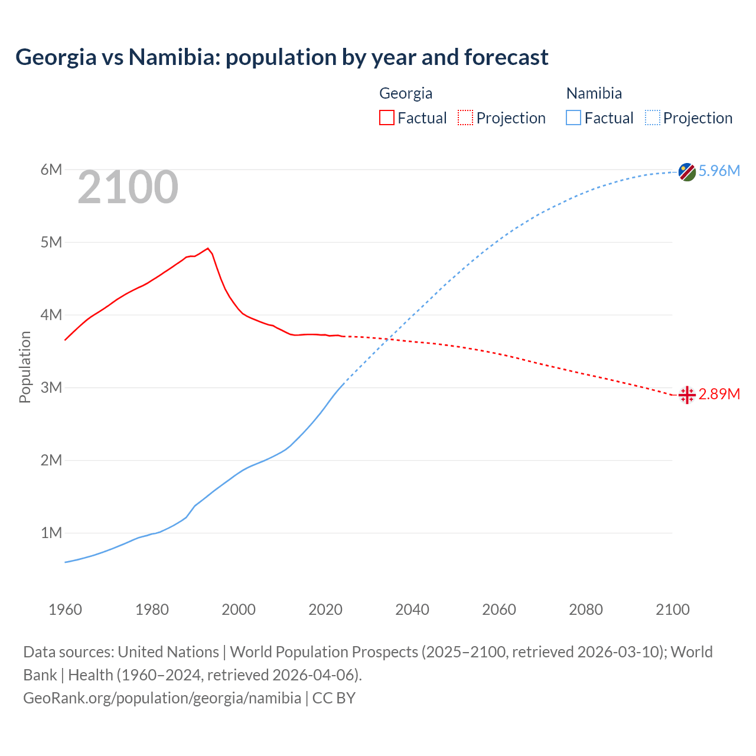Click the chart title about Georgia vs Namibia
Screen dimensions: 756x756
282,57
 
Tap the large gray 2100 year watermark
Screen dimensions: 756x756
128,187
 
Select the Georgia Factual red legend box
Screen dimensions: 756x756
386,118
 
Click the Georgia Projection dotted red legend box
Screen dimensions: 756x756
465,118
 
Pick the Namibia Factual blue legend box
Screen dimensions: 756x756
573,118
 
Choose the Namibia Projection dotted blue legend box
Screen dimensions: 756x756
653,118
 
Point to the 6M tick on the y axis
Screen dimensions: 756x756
51,170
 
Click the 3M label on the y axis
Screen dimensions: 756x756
51,387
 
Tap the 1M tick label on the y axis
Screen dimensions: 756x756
51,533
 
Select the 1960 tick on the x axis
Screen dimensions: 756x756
65,610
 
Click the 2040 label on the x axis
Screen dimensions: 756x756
412,610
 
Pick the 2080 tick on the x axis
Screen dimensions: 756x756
586,610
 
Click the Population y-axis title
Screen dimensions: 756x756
25,367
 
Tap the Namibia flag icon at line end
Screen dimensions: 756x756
687,172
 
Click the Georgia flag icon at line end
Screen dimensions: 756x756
687,395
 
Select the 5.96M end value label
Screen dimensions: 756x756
719,171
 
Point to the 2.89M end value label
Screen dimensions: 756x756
719,394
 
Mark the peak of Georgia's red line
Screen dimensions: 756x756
208,248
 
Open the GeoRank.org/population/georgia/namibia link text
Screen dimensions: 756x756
162,698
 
